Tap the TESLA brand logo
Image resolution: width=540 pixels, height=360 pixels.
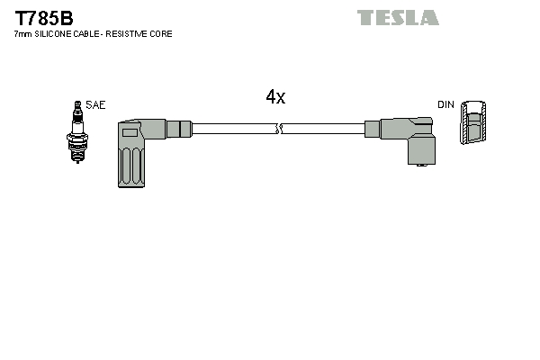tap(397, 17)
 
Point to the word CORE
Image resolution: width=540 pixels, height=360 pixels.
tap(162, 33)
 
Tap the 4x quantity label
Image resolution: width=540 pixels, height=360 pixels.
tap(275, 97)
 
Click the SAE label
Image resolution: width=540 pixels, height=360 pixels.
tap(95, 105)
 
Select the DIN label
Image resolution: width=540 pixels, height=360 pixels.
tap(445, 105)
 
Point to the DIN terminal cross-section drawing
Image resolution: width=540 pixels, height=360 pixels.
tap(474, 123)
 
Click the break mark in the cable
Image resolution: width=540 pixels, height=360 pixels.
tap(281, 129)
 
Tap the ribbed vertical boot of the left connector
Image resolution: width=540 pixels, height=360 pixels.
tap(130, 163)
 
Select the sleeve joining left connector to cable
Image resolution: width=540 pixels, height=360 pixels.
tap(180, 128)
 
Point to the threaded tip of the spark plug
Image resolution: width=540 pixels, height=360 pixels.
tap(76, 155)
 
